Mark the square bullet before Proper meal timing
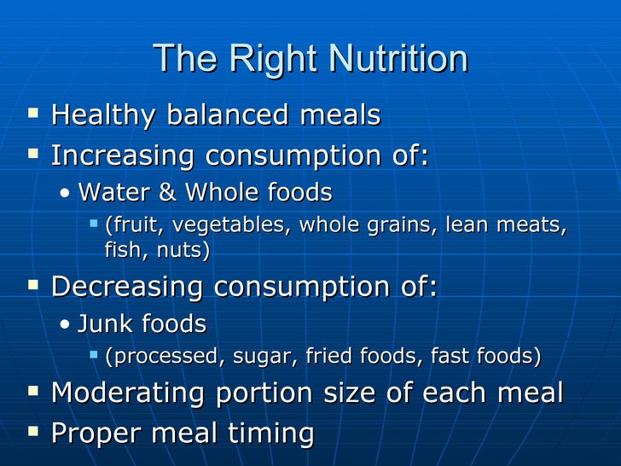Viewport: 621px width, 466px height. [x=33, y=431]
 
